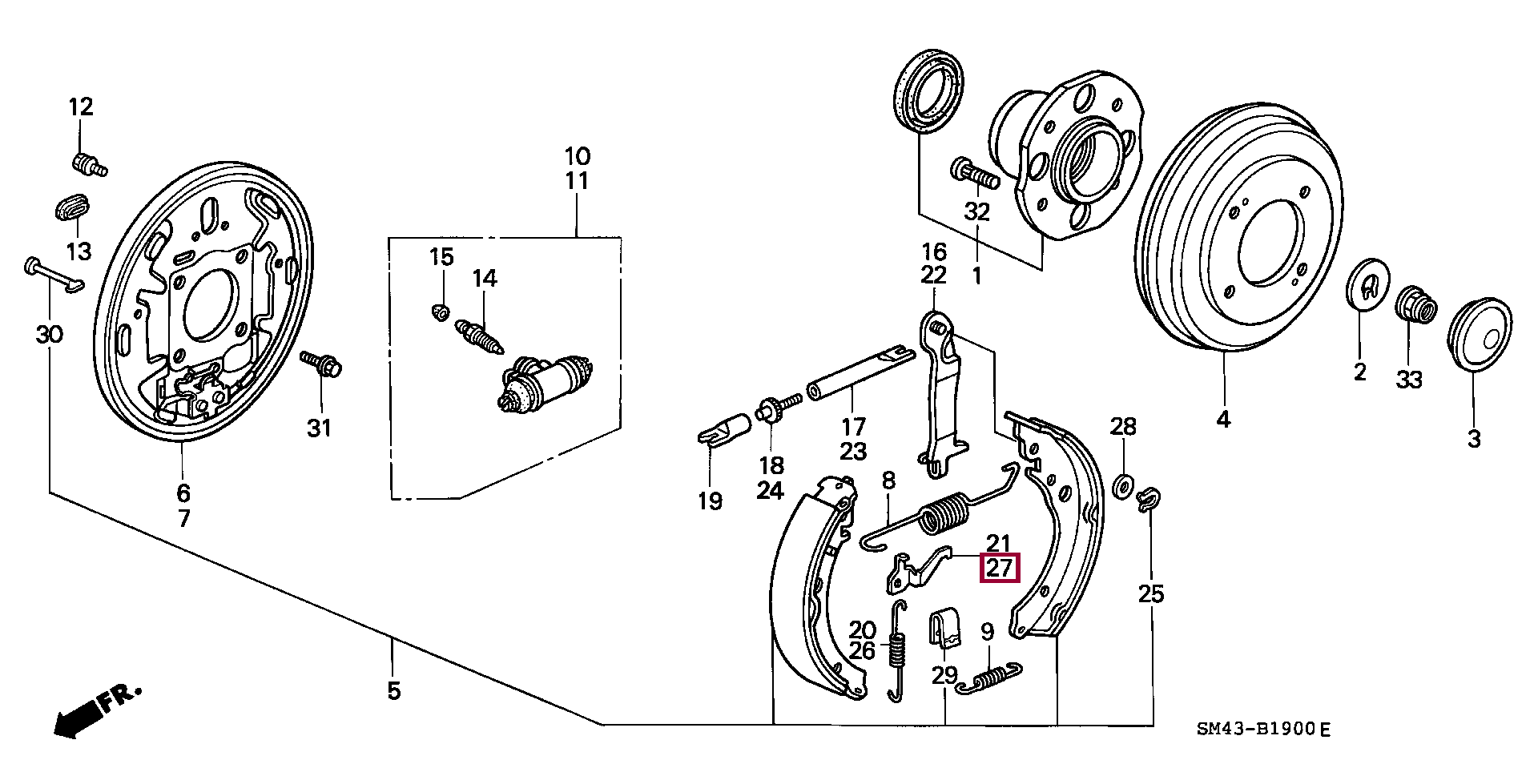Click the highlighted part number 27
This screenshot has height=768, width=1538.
(x=1001, y=568)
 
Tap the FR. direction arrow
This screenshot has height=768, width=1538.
(x=95, y=711)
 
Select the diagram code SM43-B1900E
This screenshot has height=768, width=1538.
(x=1263, y=730)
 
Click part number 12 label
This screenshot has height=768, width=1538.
(x=80, y=107)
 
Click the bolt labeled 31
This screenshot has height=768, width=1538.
(x=321, y=364)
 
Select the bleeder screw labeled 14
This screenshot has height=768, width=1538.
(x=480, y=336)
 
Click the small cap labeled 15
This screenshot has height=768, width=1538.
(x=439, y=311)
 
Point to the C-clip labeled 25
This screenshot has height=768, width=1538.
(x=1147, y=497)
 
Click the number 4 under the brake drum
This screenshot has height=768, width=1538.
(x=1223, y=420)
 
